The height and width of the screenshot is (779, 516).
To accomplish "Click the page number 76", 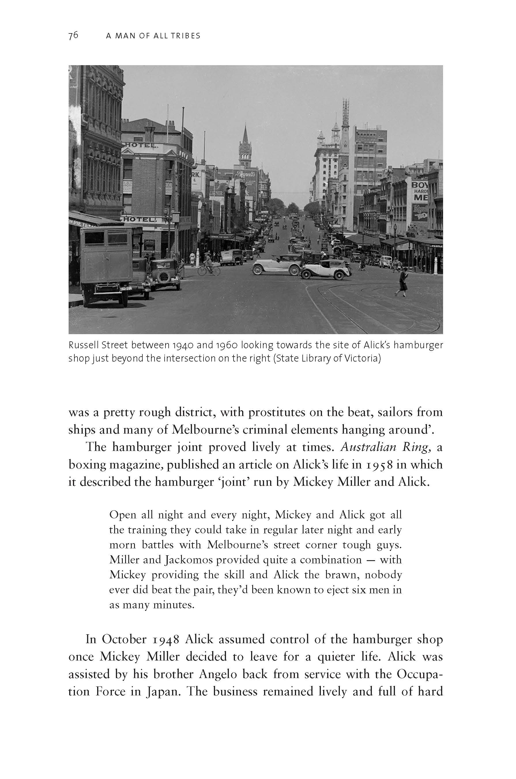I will tap(73, 35).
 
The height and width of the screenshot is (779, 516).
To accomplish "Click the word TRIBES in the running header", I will tap(187, 36).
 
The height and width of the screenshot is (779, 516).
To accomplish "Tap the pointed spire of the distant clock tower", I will tap(245, 133).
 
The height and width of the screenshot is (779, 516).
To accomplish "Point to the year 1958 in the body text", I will tap(378, 464).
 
